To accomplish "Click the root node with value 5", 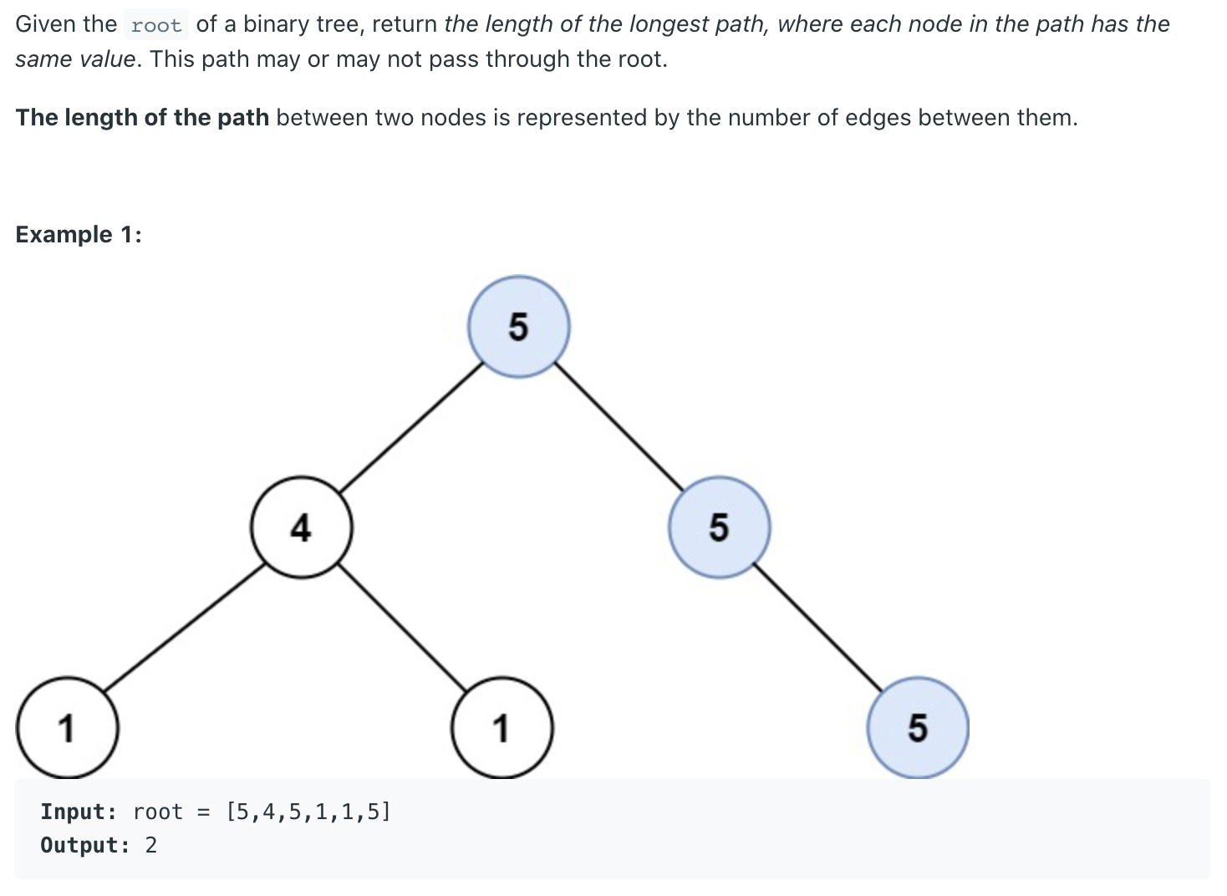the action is pos(519,327).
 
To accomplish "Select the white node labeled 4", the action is pos(301,527).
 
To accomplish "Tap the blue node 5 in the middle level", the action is pos(719,527).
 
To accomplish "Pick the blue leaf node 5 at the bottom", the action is pos(918,728).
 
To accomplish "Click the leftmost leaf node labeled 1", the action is pos(68,728).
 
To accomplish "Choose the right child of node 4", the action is pos(501,728).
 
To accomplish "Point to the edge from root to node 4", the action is pos(411,427).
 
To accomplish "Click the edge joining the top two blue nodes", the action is pos(619,426).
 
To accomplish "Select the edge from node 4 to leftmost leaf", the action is pos(184,628).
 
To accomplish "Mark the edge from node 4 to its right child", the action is pos(401,628).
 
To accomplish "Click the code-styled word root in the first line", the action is pos(156,25).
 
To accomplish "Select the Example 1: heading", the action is pos(79,234).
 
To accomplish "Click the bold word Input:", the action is pos(79,812).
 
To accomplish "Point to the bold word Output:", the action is pos(85,845).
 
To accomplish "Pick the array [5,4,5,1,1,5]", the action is pos(308,812).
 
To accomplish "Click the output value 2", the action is pos(151,845).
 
